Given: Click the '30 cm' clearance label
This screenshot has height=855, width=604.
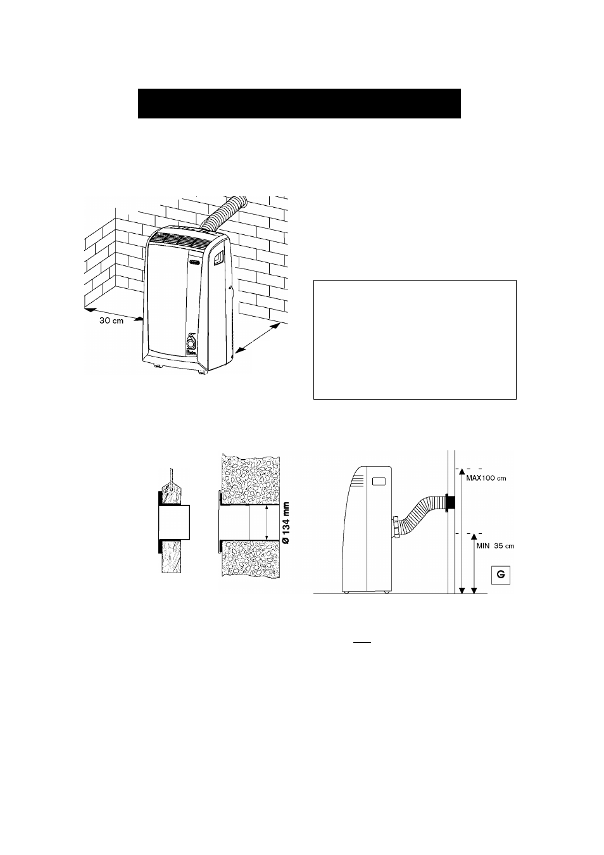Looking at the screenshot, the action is (x=111, y=321).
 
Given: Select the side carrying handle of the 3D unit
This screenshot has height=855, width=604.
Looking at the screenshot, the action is (x=218, y=258).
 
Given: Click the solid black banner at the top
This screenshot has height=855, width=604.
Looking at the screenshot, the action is (x=299, y=103).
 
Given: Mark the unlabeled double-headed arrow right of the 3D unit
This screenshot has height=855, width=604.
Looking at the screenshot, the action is (x=259, y=338).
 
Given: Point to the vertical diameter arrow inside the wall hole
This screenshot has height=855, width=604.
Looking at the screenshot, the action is (x=267, y=523).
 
